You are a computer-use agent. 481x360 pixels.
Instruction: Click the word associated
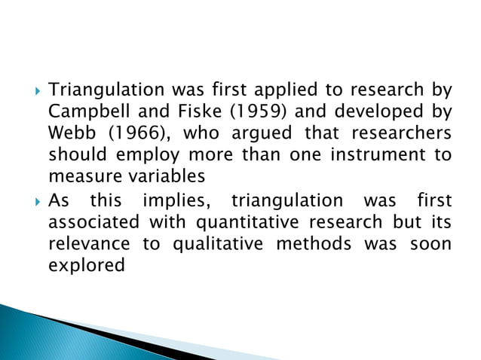[93, 224]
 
